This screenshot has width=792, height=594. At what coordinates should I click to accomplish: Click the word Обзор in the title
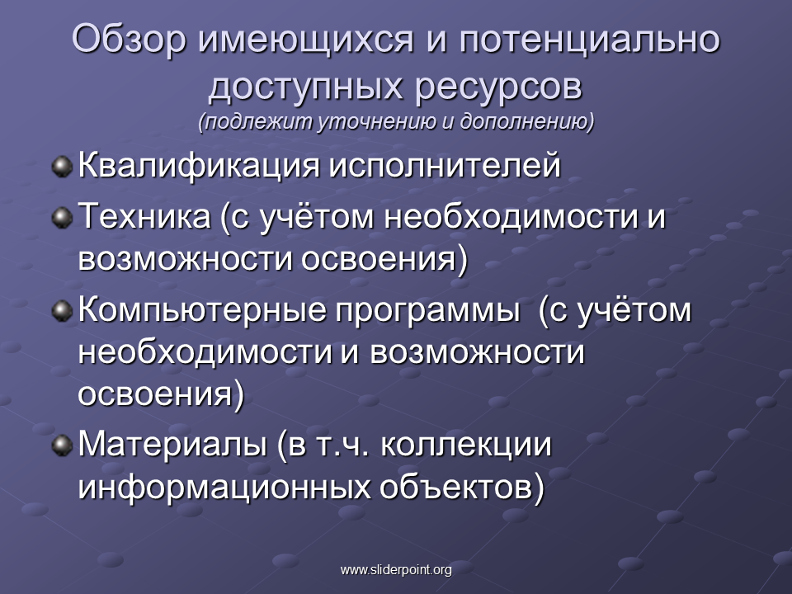pyautogui.click(x=129, y=40)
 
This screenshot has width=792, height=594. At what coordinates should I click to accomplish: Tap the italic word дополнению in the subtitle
pyautogui.click(x=527, y=122)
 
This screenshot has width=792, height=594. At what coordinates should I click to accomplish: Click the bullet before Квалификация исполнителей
pyautogui.click(x=62, y=167)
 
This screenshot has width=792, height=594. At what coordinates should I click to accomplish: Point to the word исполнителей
pyautogui.click(x=445, y=166)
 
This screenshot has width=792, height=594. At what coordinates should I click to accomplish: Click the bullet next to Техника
pyautogui.click(x=62, y=218)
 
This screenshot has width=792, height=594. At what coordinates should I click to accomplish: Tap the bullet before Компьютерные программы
pyautogui.click(x=62, y=311)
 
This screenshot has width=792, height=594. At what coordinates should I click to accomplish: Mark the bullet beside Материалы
pyautogui.click(x=62, y=445)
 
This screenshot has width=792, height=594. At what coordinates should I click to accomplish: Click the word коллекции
pyautogui.click(x=465, y=445)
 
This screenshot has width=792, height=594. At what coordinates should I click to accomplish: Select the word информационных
pyautogui.click(x=224, y=487)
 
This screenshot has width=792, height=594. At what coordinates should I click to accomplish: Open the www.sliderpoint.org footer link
pyautogui.click(x=396, y=570)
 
